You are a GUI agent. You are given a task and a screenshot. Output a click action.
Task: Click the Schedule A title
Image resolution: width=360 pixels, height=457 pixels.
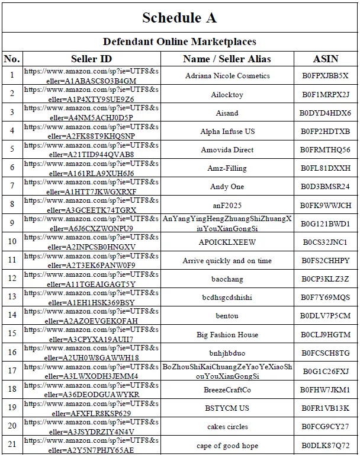coord(179,18)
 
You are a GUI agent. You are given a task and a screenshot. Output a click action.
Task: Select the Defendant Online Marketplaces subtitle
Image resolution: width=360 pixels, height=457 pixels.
coord(179,41)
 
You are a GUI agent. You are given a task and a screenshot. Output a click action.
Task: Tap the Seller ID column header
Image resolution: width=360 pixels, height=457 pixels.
coord(91,59)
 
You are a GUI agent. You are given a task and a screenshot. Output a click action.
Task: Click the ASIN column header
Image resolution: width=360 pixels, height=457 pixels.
coord(325,59)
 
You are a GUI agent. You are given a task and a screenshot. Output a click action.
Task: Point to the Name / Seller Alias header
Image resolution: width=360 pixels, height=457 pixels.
coord(227,59)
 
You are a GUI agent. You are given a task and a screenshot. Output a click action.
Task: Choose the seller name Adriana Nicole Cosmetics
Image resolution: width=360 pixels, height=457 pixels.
coord(227,76)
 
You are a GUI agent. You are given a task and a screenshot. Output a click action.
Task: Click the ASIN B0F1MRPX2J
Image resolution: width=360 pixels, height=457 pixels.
coord(325,94)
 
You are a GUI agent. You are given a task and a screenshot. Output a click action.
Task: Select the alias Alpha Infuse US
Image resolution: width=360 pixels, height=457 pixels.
coord(227,132)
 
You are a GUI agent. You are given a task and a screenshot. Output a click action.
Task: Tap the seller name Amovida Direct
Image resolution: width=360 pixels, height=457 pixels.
coord(227,150)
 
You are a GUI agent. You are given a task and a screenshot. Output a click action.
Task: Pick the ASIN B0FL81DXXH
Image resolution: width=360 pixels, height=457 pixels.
coord(325,168)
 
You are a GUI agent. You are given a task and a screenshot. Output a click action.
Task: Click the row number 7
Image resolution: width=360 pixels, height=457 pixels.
coord(12,187)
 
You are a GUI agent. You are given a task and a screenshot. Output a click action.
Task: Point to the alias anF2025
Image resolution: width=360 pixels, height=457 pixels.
coord(227,205)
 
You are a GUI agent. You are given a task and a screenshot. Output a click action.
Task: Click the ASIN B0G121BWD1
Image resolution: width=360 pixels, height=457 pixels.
coord(325,224)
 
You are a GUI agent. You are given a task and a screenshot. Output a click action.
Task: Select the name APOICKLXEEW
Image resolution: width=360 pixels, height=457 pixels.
coord(227,242)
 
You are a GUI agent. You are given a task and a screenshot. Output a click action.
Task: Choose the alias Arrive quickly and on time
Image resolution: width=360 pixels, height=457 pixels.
coord(227,261)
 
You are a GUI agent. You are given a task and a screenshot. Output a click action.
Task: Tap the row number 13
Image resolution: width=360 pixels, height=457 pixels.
coord(12,298)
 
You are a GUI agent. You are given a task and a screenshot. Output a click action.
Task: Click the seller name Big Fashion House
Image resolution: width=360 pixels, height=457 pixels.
coord(227,335)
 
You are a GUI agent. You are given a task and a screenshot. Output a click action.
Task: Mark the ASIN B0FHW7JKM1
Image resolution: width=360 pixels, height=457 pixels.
coord(325,390)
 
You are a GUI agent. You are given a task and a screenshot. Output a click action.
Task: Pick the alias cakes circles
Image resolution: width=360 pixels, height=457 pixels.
coord(227,427)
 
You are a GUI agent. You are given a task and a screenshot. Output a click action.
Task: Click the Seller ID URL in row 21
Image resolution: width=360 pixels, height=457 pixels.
coord(91,446)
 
